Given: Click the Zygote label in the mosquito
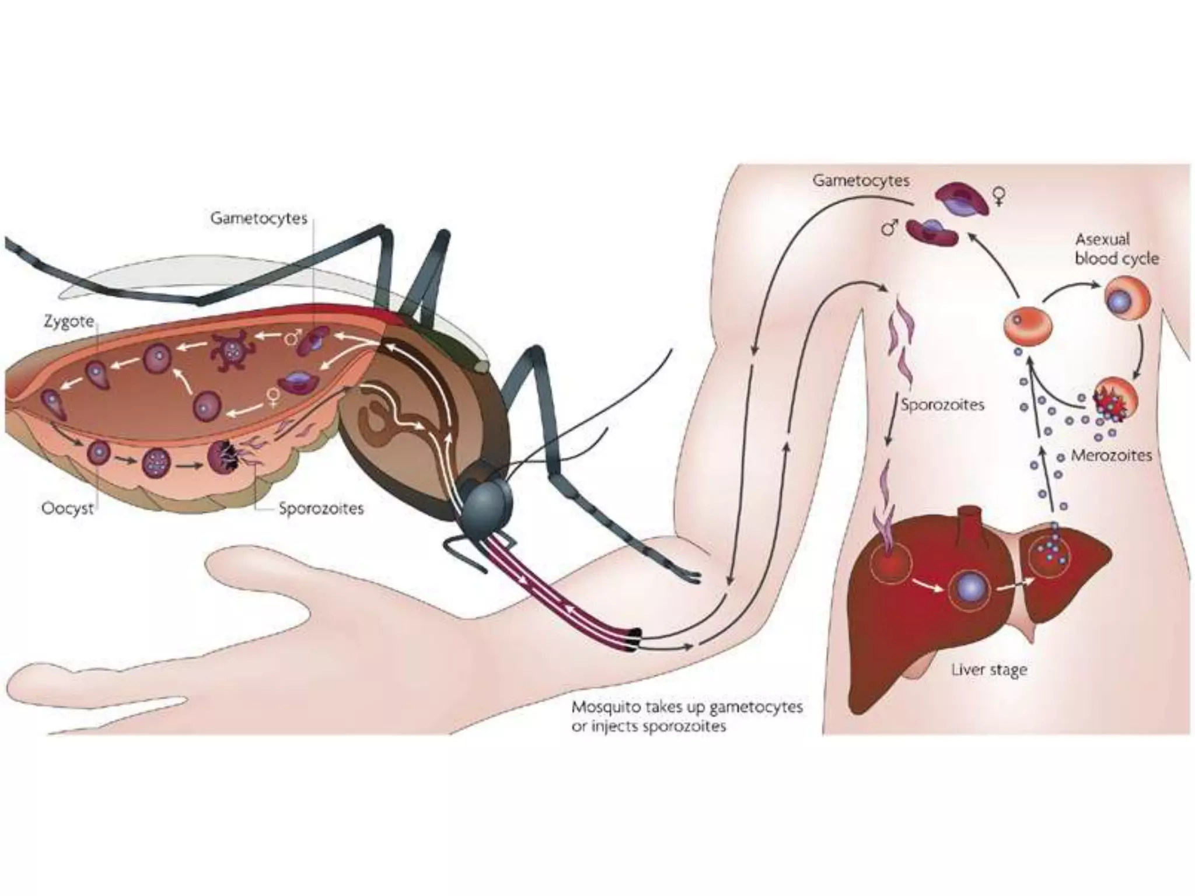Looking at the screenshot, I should (x=68, y=321).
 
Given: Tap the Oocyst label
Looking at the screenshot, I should (x=67, y=508).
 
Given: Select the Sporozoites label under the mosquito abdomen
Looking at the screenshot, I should (x=320, y=508).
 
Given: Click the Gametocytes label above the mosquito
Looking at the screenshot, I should (x=258, y=218).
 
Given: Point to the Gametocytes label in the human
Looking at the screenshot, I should (x=861, y=180).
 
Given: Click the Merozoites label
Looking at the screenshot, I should (x=1111, y=455).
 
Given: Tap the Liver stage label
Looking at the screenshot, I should (x=989, y=670).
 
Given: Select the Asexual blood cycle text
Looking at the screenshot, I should (x=1116, y=249).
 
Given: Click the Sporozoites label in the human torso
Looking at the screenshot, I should (x=942, y=404).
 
